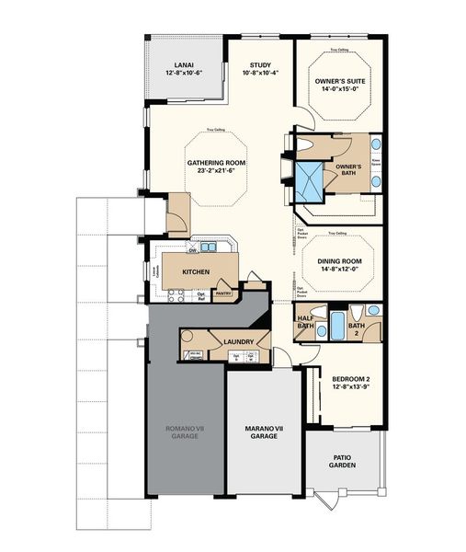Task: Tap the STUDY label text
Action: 260,64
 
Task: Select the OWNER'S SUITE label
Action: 339,81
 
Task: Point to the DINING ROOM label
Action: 340,260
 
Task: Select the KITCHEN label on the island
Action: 198,272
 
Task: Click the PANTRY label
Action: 222,294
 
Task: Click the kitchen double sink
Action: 209,247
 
